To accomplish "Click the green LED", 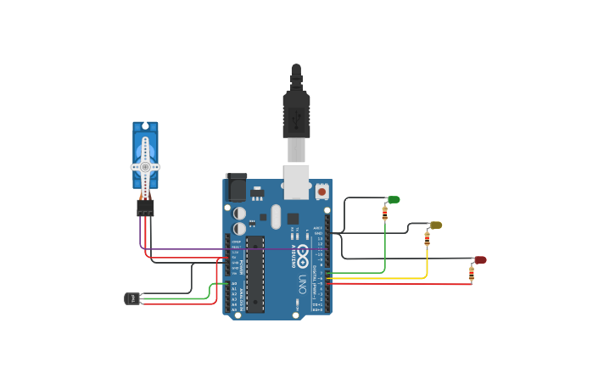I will (x=394, y=200).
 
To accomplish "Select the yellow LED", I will (x=436, y=225).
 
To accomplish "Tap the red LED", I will (x=480, y=260).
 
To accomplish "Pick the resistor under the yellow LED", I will (x=427, y=241).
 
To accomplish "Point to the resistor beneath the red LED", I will (x=472, y=274).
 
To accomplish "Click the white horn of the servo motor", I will (x=145, y=166).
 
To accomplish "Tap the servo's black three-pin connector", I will (x=145, y=207).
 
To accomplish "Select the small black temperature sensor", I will (x=131, y=298).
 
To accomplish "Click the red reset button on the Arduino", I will (x=322, y=192).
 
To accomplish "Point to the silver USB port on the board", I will (x=295, y=181).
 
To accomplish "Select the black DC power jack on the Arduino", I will (x=236, y=187).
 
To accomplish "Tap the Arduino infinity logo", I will (x=303, y=251).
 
